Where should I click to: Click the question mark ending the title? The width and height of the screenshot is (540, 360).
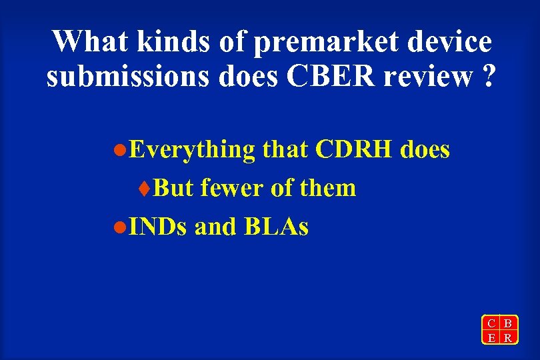coord(489,77)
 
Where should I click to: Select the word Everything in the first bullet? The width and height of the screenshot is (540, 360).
coord(192,151)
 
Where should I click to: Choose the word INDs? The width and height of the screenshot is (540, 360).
coord(159,227)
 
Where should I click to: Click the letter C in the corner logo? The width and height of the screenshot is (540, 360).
coord(491,323)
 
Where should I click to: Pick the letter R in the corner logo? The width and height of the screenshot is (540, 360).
coord(508,337)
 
